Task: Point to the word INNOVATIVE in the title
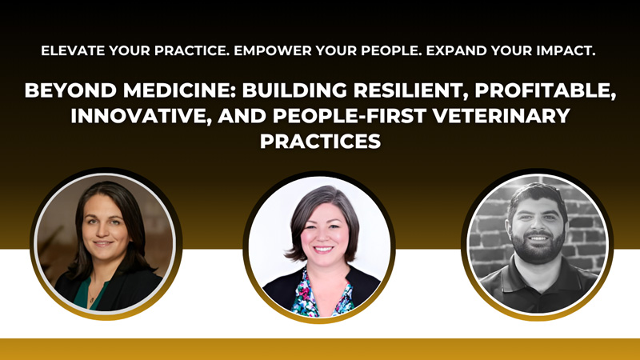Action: pyautogui.click(x=142, y=116)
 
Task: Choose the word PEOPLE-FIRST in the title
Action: pyautogui.click(x=350, y=115)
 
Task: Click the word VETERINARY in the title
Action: pyautogui.click(x=502, y=115)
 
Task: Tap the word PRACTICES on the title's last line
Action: pyautogui.click(x=321, y=141)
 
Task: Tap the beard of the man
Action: pyautogui.click(x=538, y=246)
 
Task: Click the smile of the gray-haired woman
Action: pyautogui.click(x=323, y=249)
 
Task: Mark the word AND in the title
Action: pyautogui.click(x=242, y=115)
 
